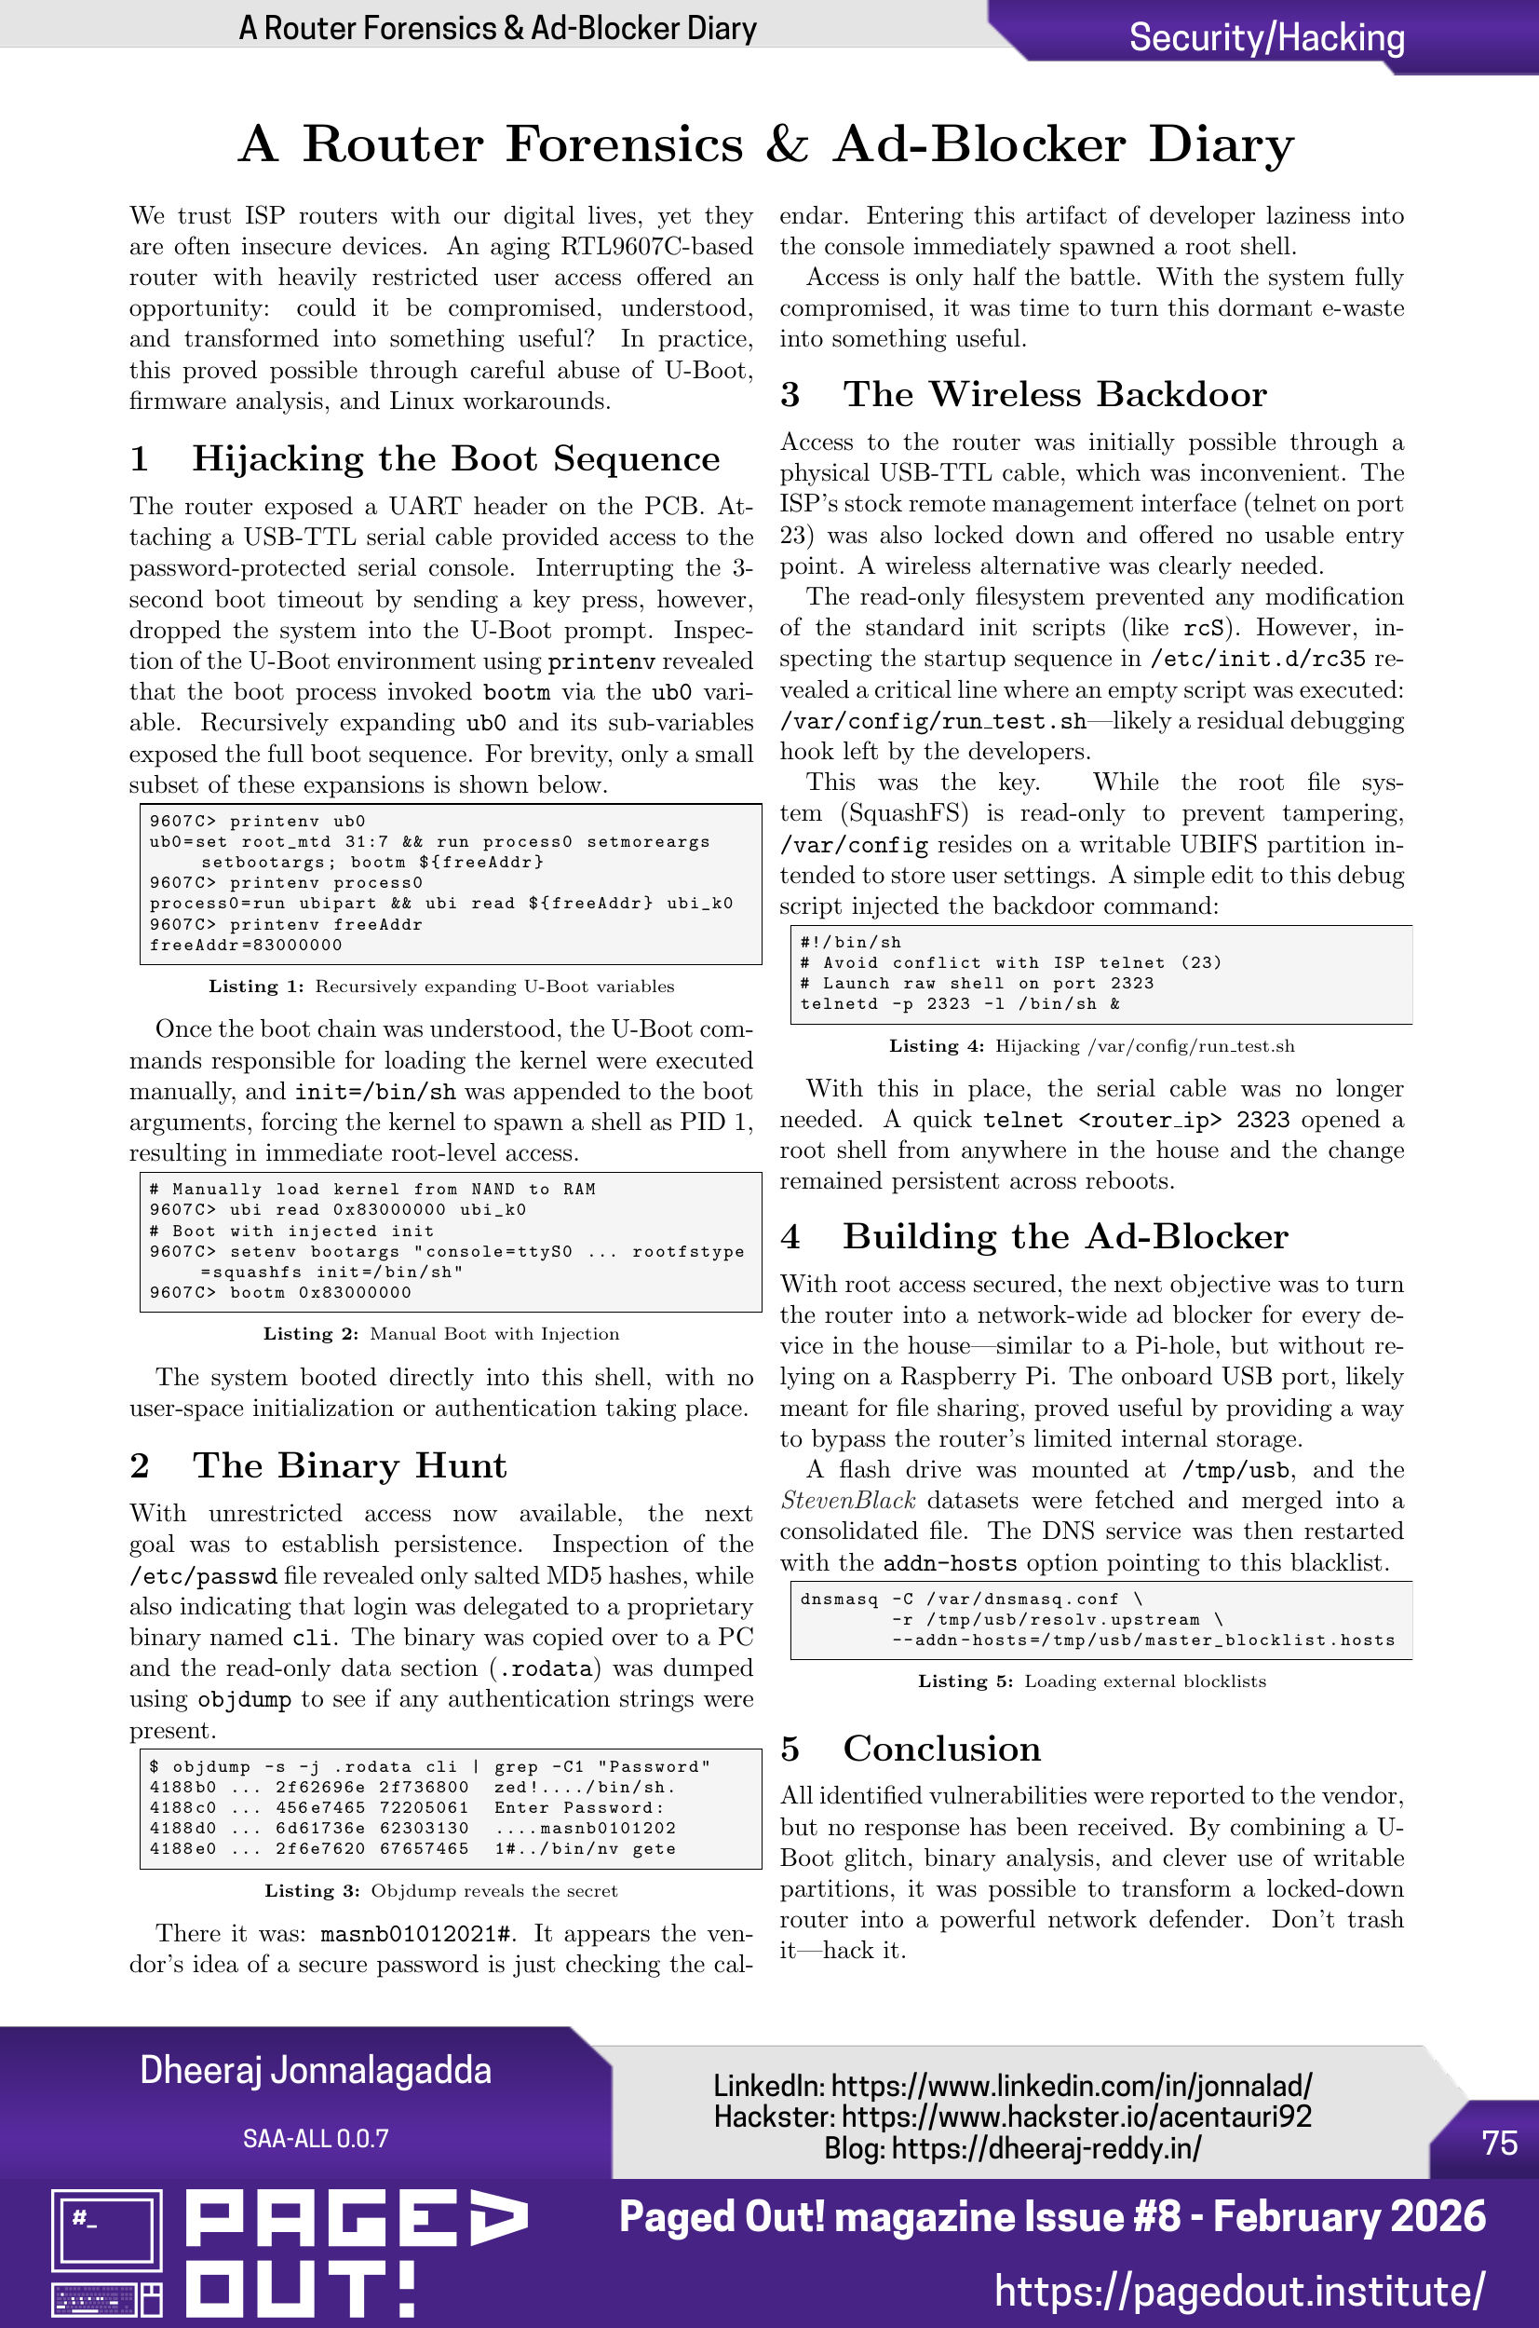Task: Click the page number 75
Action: [1499, 2143]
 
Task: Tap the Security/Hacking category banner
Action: [1266, 37]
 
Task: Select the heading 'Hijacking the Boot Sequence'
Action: [455, 458]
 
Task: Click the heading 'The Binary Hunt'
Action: [349, 1465]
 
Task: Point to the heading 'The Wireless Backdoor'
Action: [1054, 394]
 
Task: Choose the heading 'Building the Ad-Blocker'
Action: [1065, 1236]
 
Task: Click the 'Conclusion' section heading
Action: [941, 1749]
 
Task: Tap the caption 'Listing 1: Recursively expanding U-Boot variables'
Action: [440, 987]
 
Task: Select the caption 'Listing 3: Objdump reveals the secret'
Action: [440, 1891]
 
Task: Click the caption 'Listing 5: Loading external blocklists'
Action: [1091, 1681]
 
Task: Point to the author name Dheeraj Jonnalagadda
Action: [315, 2070]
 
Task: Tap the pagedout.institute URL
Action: [1238, 2291]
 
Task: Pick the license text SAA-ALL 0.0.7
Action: [315, 2139]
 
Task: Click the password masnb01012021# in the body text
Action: [417, 1933]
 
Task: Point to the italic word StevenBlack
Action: [848, 1500]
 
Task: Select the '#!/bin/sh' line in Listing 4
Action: [850, 943]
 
